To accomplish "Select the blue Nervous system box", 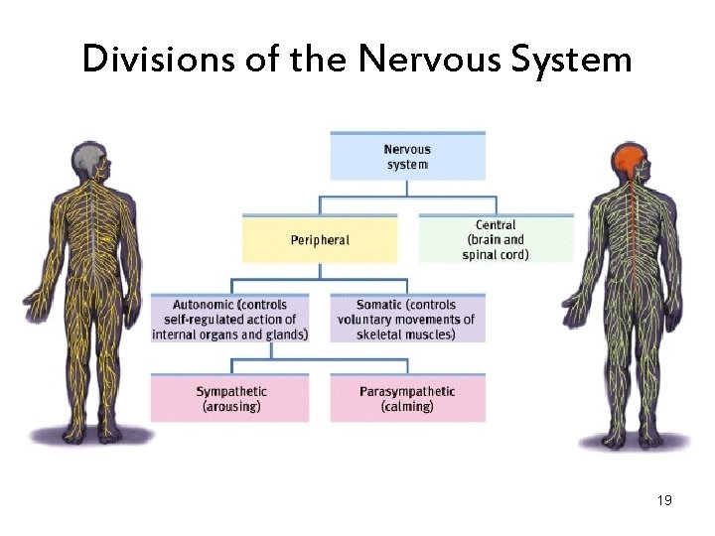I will pyautogui.click(x=407, y=157).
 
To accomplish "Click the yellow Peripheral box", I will pyautogui.click(x=319, y=240).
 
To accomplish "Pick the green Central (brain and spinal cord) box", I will pyautogui.click(x=496, y=240).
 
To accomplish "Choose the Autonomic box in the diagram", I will pyautogui.click(x=229, y=319).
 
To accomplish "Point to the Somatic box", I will pyautogui.click(x=406, y=319).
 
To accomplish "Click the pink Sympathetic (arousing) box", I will pyautogui.click(x=229, y=399).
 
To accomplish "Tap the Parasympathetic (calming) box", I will pyautogui.click(x=407, y=399).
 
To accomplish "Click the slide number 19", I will pyautogui.click(x=664, y=500).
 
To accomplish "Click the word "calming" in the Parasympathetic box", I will pyautogui.click(x=407, y=407).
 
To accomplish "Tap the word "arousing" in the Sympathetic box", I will pyautogui.click(x=230, y=407).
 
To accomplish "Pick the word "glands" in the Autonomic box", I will pyautogui.click(x=284, y=335).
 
